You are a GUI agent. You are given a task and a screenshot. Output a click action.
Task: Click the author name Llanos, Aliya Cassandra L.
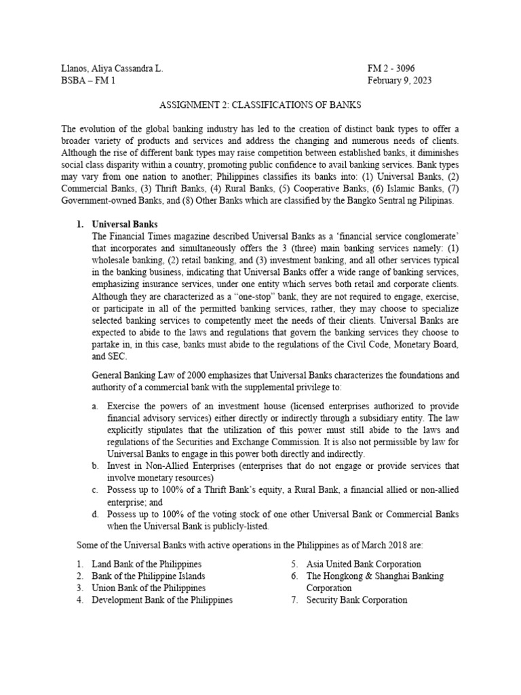[112, 69]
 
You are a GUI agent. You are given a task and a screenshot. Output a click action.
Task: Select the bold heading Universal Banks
[125, 225]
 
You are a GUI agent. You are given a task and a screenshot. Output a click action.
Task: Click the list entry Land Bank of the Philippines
[147, 564]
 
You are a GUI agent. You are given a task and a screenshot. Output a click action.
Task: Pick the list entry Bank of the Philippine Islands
[149, 576]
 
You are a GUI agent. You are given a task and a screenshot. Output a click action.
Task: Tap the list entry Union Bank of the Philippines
[149, 588]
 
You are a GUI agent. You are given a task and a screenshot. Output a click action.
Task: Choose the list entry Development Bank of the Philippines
[162, 600]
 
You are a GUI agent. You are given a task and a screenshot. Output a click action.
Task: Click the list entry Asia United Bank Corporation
[364, 564]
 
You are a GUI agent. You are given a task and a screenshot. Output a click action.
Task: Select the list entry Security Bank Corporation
[357, 600]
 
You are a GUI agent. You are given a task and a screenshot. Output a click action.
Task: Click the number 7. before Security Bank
[295, 600]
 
